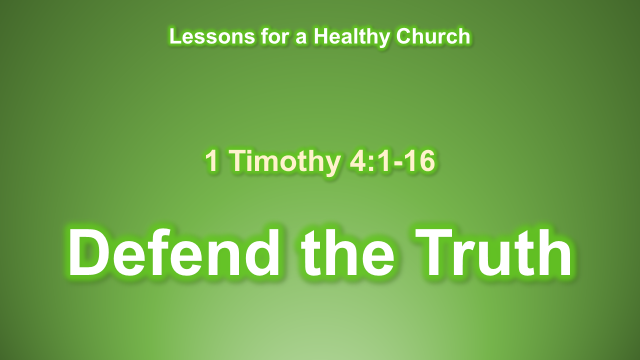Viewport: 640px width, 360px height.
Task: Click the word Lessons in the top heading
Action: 211,36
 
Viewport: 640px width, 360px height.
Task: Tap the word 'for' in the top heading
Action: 274,36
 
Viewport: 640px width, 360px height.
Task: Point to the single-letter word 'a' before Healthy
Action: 301,39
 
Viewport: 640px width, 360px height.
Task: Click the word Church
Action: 433,36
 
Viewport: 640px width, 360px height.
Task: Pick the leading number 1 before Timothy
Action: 212,161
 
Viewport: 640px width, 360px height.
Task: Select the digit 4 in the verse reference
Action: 357,161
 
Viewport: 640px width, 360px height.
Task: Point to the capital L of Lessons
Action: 176,36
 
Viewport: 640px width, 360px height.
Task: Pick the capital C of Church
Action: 404,36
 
